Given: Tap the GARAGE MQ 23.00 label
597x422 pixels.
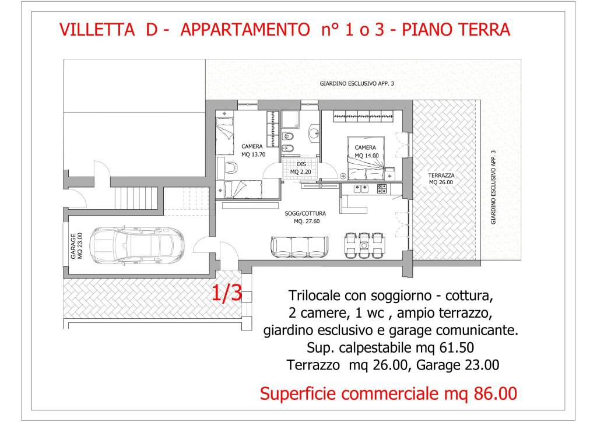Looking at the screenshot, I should pos(76,245).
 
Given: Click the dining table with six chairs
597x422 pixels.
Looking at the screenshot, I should pos(364,245).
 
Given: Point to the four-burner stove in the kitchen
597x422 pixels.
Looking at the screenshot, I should pos(382,188).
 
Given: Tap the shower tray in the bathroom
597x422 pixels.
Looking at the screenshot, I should pos(291,121).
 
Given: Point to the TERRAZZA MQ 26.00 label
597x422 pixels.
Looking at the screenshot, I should pos(441,178).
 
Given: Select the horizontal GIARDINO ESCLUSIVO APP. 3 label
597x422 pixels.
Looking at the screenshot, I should pos(357,84).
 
